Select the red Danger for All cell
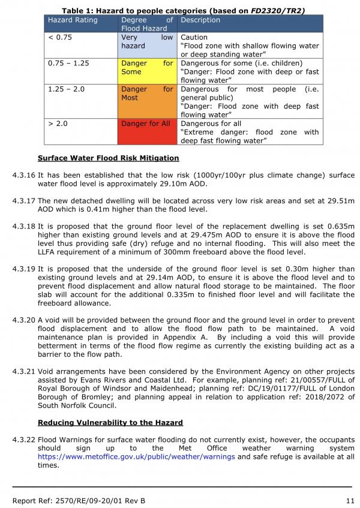146,131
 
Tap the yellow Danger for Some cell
146,71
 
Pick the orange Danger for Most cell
146,101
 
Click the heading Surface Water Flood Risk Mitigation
108,158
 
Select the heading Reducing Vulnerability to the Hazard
110,423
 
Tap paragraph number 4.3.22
23,440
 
